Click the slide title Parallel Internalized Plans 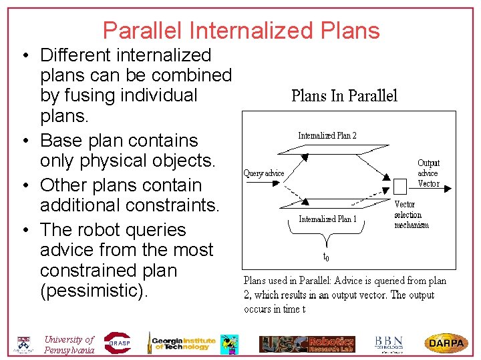pyautogui.click(x=241, y=31)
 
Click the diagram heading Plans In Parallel pyautogui.click(x=344, y=96)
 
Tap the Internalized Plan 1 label pyautogui.click(x=327, y=219)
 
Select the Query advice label pyautogui.click(x=264, y=173)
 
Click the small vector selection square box pyautogui.click(x=400, y=185)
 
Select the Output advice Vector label pyautogui.click(x=428, y=173)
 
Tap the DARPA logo pyautogui.click(x=446, y=343)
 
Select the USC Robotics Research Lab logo pyautogui.click(x=307, y=343)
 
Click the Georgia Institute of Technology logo pyautogui.click(x=182, y=342)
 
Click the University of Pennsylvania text pyautogui.click(x=69, y=344)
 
